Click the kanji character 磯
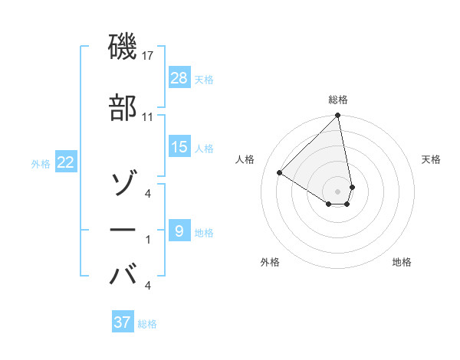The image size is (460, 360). (x=123, y=48)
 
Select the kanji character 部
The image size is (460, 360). (x=123, y=109)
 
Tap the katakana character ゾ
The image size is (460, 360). (x=123, y=184)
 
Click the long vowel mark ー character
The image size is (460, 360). (x=123, y=230)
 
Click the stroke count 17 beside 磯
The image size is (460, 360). (x=148, y=56)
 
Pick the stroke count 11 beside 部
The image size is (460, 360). (x=148, y=117)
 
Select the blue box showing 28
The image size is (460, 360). (x=179, y=79)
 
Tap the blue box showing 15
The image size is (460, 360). (x=179, y=147)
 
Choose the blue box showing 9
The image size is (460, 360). (x=179, y=231)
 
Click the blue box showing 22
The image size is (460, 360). (x=65, y=162)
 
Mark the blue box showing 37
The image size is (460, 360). (x=123, y=322)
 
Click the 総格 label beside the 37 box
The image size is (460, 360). (x=147, y=324)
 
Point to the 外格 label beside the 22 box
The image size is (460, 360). (x=41, y=163)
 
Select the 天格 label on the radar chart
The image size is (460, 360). (x=432, y=159)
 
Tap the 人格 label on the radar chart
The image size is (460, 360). (x=245, y=159)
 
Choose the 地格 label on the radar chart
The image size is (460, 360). (x=402, y=263)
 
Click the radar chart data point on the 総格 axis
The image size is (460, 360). (x=337, y=116)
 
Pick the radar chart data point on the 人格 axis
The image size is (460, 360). (x=280, y=173)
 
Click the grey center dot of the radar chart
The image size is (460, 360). (x=337, y=191)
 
